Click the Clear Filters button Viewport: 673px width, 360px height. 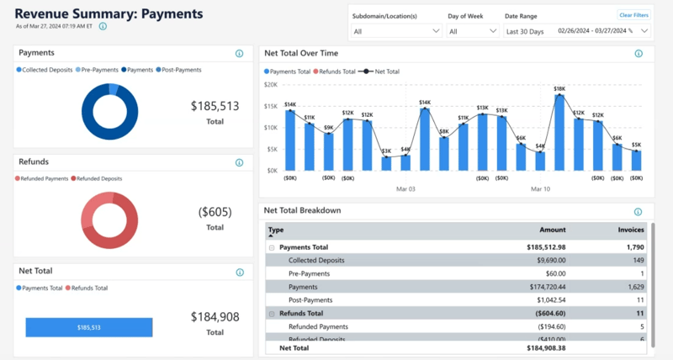pos(633,15)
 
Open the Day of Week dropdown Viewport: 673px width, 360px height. pos(472,31)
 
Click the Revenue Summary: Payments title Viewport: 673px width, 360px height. pos(109,13)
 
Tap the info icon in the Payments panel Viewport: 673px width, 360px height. pos(239,54)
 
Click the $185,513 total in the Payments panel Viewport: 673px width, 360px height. pos(215,106)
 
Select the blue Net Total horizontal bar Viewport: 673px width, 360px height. pos(88,328)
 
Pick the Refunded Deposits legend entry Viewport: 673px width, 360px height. pos(99,178)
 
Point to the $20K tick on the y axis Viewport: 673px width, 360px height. pos(271,84)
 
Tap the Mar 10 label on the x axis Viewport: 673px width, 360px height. pos(541,189)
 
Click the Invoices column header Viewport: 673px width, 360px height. pos(631,230)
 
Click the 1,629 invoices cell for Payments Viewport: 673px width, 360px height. pos(633,287)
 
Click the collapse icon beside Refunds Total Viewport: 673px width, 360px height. pos(272,313)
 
